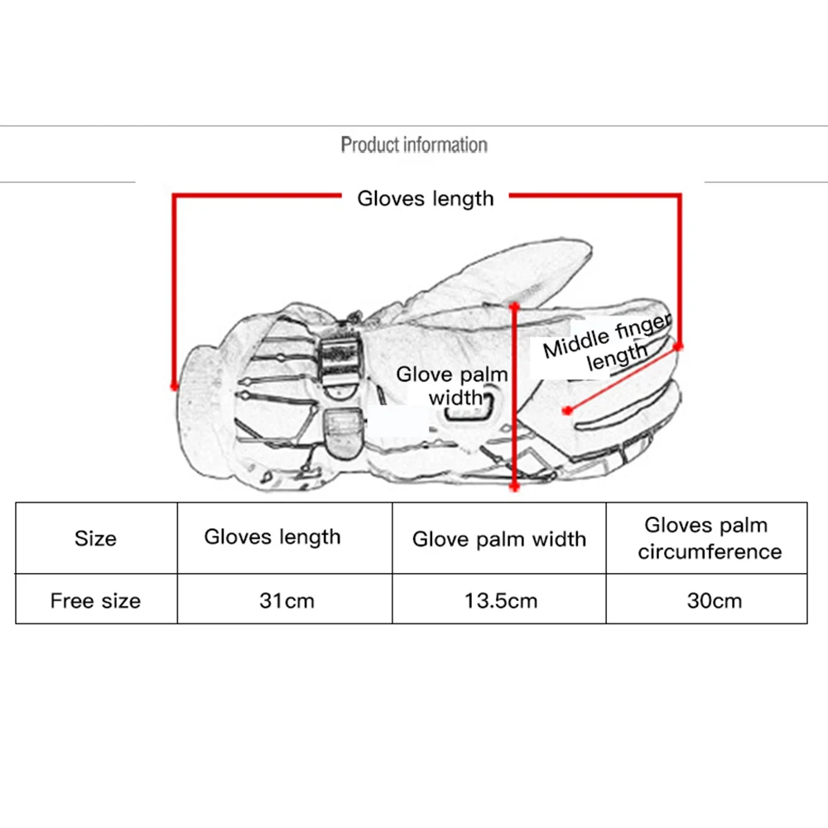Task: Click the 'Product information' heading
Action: pyautogui.click(x=414, y=146)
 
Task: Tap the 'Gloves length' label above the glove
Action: pyautogui.click(x=426, y=199)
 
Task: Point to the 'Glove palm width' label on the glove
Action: pyautogui.click(x=451, y=386)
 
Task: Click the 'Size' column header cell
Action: pyautogui.click(x=95, y=538)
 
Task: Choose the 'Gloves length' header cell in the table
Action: pyautogui.click(x=272, y=537)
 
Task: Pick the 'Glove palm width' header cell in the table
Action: pyautogui.click(x=499, y=540)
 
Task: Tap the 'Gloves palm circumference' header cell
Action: pyautogui.click(x=709, y=538)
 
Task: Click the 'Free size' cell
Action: pyautogui.click(x=95, y=600)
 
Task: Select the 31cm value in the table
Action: pyautogui.click(x=286, y=600)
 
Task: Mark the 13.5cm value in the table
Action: pyautogui.click(x=500, y=600)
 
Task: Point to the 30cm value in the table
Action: pyautogui.click(x=714, y=600)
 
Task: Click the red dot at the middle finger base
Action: pyautogui.click(x=567, y=410)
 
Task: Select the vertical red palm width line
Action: pyautogui.click(x=515, y=397)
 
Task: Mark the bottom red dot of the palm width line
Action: pyautogui.click(x=515, y=488)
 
